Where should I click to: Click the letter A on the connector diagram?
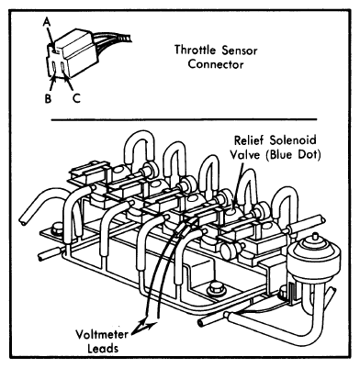coord(47,21)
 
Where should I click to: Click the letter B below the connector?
coord(48,98)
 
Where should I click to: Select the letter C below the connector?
coord(76,98)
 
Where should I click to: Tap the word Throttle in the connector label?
coord(195,50)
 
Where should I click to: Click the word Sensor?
coord(240,50)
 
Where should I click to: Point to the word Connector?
coord(216,64)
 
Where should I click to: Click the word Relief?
coord(248,140)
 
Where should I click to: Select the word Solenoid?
coord(293,140)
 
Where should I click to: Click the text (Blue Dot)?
coord(293,155)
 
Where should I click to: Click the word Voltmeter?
coord(102,334)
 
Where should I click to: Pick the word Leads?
coord(103,349)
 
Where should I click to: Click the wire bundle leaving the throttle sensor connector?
coord(113,39)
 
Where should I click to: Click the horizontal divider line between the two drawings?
coord(184,119)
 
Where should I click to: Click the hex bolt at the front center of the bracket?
coord(216,289)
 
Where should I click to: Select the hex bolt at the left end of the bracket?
coord(58,229)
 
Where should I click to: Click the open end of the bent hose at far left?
coord(23,221)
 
